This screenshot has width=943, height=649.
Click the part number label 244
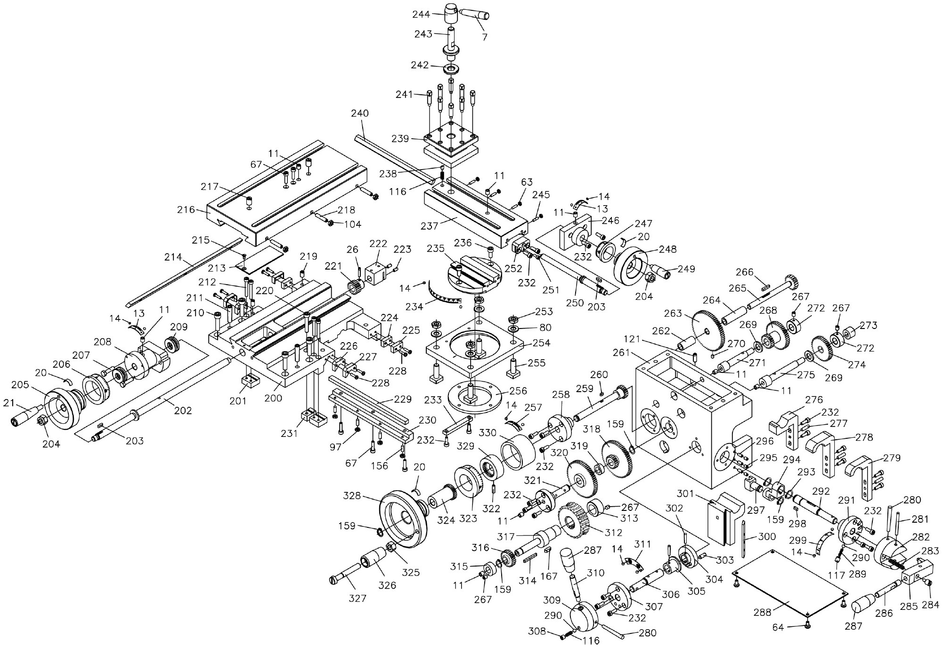pos(421,14)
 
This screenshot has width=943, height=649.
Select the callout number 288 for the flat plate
pos(763,612)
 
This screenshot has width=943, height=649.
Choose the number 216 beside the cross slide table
pos(186,209)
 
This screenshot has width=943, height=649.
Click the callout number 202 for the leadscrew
pos(183,410)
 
